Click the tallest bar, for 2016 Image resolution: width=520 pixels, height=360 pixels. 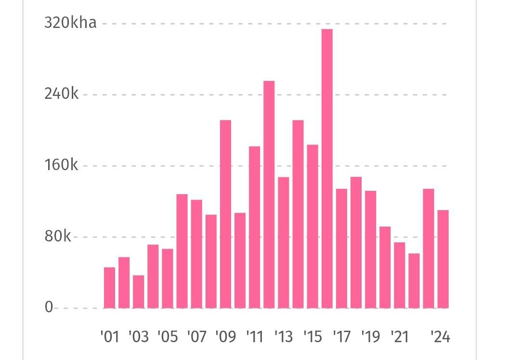(327, 169)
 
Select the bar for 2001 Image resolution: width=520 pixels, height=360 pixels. (110, 288)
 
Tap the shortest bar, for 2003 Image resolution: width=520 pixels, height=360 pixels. (139, 292)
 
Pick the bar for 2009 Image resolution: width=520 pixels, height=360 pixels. (225, 214)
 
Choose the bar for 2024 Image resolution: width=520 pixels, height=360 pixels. (443, 259)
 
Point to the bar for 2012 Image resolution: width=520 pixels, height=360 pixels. (269, 194)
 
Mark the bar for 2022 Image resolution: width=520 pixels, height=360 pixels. (414, 280)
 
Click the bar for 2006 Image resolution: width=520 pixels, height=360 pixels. (182, 251)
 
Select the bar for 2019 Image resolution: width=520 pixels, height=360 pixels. (370, 249)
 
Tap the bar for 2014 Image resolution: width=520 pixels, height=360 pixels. (298, 214)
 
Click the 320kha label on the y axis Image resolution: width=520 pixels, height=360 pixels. (70, 23)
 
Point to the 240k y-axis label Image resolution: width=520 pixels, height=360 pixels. (61, 94)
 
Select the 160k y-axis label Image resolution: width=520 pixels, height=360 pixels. (61, 165)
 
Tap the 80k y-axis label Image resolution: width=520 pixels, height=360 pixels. (58, 237)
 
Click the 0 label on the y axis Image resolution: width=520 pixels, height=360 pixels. (49, 307)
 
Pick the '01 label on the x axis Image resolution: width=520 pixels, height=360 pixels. (109, 336)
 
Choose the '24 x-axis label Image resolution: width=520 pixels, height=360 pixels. (440, 336)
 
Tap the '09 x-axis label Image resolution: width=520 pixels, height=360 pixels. (225, 336)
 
